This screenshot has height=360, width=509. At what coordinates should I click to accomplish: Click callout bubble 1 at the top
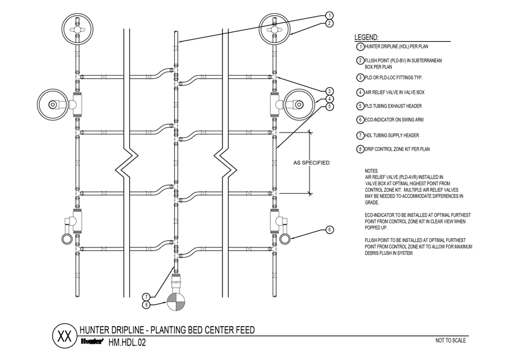[x=329, y=15]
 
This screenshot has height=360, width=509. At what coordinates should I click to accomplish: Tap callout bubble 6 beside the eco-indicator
[x=329, y=229]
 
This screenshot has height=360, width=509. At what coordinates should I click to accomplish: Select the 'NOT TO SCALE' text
[x=450, y=340]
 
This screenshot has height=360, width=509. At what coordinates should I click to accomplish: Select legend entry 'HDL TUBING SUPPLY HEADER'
[x=391, y=135]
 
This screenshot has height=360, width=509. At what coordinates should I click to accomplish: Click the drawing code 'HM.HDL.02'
[x=127, y=342]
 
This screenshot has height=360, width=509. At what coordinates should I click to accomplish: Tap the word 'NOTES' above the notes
[x=372, y=171]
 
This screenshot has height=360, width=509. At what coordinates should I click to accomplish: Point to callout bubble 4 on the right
[x=329, y=99]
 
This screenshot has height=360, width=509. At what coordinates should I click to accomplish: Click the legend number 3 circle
[x=360, y=77]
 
